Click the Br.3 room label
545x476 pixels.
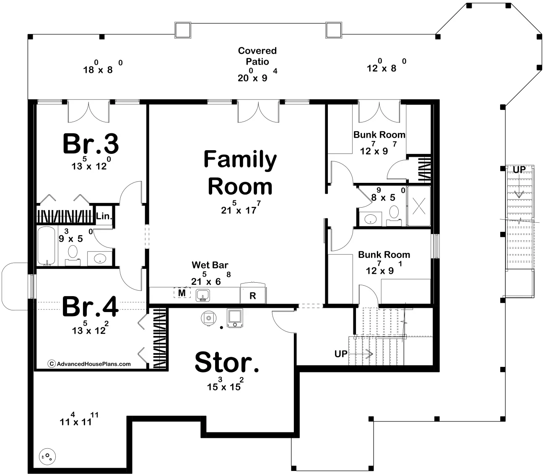(x=91, y=144)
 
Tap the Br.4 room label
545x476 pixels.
(x=90, y=307)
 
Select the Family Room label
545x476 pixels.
(x=240, y=173)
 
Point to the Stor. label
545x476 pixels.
(x=227, y=362)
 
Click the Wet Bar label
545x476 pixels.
(x=210, y=265)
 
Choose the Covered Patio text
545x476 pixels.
(x=257, y=56)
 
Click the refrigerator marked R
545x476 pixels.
(x=253, y=294)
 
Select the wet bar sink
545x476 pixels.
(x=203, y=296)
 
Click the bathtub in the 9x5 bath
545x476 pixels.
(x=47, y=246)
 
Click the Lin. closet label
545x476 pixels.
(x=104, y=216)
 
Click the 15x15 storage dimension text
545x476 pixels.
(x=226, y=384)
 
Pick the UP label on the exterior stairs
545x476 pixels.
(x=519, y=170)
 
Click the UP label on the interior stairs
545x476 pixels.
(x=341, y=354)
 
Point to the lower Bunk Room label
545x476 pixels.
(x=384, y=255)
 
